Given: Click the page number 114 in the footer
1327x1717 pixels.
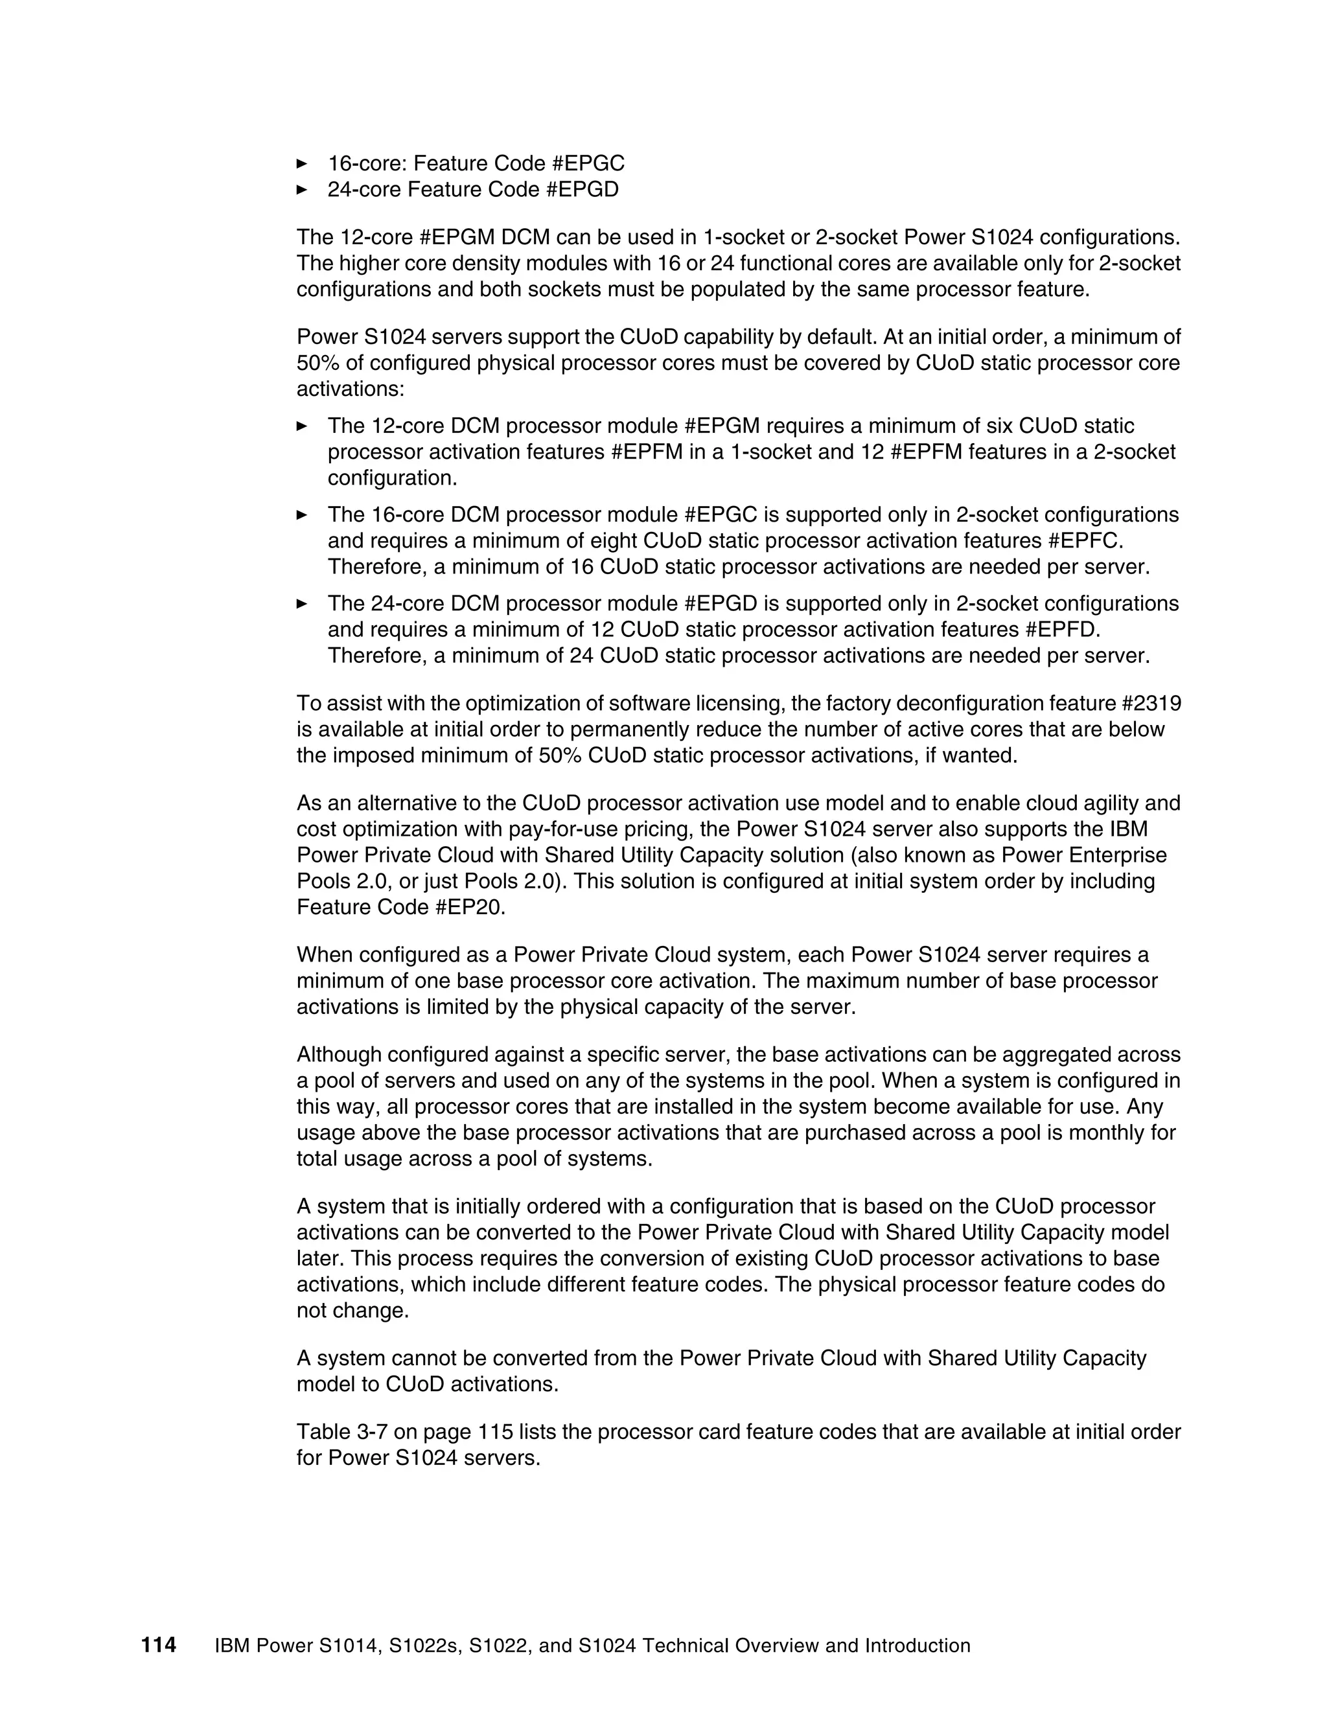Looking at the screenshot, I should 158,1644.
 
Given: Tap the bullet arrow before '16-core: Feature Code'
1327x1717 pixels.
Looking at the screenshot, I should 302,163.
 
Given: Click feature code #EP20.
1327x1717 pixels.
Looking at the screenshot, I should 470,907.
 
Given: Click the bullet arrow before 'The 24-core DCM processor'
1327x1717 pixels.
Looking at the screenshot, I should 302,604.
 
